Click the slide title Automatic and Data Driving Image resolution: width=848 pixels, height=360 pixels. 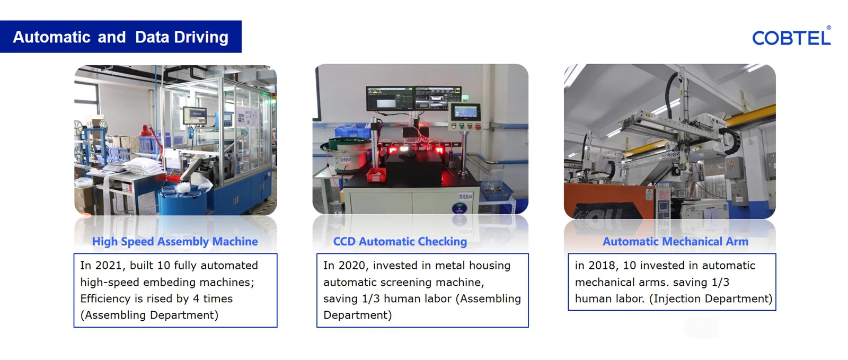point(121,37)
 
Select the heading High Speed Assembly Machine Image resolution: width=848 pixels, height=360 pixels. point(175,242)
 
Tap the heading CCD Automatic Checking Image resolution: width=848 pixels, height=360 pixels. point(400,242)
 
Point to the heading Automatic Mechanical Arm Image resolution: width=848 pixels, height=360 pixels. point(675,242)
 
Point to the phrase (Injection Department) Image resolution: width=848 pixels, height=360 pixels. point(711,298)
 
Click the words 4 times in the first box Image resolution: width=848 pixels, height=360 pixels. point(213,298)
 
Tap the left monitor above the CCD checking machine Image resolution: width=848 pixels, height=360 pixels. point(390,99)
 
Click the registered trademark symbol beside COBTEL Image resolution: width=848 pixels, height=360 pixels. point(829,28)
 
